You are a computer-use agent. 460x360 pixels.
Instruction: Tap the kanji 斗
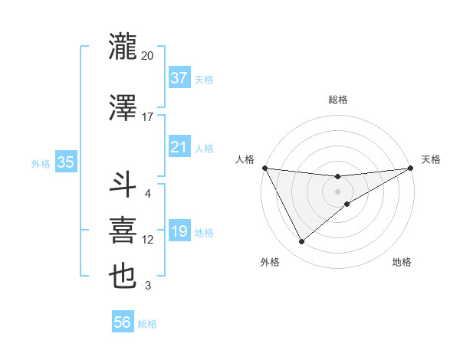[123, 184]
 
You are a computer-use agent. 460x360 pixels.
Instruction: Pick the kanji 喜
[123, 231]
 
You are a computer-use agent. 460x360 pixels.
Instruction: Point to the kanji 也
[123, 276]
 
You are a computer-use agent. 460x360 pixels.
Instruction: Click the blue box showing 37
[179, 77]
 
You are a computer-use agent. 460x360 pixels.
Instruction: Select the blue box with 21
[179, 147]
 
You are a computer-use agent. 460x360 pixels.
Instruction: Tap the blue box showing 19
[179, 231]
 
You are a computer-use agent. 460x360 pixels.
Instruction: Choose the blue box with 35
[66, 162]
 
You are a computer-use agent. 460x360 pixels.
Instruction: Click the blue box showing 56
[123, 323]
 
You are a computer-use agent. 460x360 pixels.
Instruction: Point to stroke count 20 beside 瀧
[147, 56]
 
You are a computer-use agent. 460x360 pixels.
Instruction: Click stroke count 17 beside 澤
[147, 117]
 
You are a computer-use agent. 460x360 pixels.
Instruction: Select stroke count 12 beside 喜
[147, 240]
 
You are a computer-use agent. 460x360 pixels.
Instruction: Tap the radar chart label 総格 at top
[337, 100]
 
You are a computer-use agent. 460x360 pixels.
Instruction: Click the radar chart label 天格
[431, 159]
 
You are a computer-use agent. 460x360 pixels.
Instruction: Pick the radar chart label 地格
[402, 262]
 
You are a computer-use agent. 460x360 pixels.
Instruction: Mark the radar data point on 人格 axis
[264, 168]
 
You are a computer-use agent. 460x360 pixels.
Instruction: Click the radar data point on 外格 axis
[301, 242]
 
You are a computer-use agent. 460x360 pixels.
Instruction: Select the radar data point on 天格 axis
[410, 168]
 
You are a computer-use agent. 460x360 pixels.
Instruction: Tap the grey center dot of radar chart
[337, 191]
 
